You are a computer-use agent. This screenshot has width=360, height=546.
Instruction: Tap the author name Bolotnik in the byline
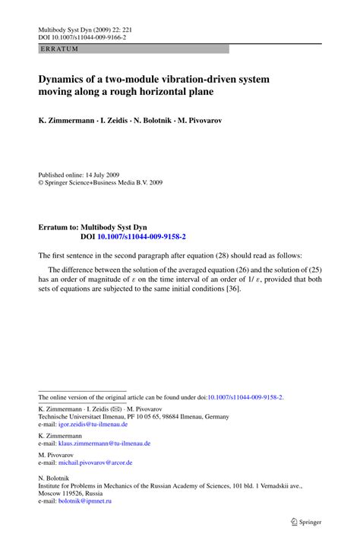(x=172, y=121)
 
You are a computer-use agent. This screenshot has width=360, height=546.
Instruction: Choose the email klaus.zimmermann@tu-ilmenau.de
(x=107, y=443)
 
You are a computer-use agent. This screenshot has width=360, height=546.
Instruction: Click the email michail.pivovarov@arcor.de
(x=97, y=462)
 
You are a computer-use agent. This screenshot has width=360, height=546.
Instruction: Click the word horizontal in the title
(x=175, y=93)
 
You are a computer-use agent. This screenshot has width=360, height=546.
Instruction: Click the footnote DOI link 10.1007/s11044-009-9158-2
(x=245, y=396)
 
